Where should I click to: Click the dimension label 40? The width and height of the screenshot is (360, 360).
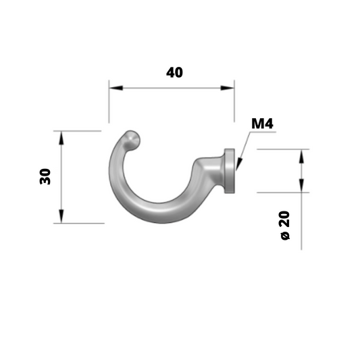[x=174, y=72]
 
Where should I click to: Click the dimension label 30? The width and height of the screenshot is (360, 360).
[x=45, y=176]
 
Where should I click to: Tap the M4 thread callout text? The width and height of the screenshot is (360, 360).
[x=262, y=124]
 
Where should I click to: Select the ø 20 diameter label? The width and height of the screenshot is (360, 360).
[x=285, y=225]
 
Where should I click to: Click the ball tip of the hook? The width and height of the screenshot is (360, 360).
[x=132, y=140]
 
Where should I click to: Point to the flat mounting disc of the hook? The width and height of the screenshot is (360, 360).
[x=230, y=171]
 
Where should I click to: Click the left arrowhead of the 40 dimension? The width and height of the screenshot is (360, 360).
[x=116, y=88]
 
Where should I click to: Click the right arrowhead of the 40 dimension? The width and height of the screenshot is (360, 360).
[x=228, y=88]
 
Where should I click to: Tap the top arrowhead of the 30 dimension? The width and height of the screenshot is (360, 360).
[x=61, y=138]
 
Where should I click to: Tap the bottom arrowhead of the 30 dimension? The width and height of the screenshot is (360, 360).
[x=61, y=216]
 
